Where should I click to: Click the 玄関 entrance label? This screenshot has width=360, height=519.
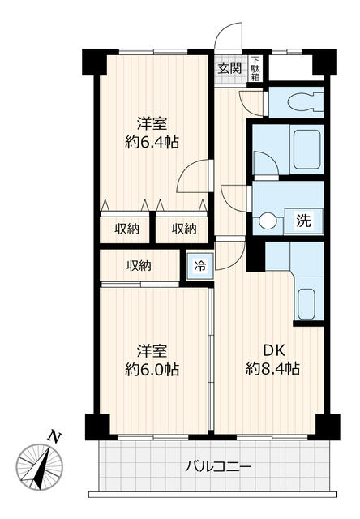point(229,68)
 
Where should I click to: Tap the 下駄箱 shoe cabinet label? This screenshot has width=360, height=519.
point(255,69)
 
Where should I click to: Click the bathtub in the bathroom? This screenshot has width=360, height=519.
point(307,149)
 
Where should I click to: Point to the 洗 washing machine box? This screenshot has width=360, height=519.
point(304,221)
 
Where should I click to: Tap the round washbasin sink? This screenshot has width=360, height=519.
point(268,221)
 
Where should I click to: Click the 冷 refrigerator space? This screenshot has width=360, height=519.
point(199,265)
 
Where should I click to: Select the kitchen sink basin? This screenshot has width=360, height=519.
point(306,304)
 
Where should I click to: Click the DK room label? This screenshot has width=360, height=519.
point(273,350)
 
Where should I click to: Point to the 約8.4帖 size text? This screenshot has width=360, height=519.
point(272,368)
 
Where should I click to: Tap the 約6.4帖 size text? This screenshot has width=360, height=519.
point(152,143)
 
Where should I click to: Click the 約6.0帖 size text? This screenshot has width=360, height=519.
point(152,369)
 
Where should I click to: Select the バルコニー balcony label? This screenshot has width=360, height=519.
point(218,467)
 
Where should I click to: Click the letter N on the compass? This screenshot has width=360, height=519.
point(54,437)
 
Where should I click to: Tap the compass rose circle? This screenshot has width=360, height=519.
point(40,467)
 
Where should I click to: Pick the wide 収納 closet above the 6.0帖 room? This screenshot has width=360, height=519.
point(139,266)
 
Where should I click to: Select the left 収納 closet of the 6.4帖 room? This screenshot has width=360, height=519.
point(126,229)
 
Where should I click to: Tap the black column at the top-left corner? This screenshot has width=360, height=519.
point(94,62)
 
